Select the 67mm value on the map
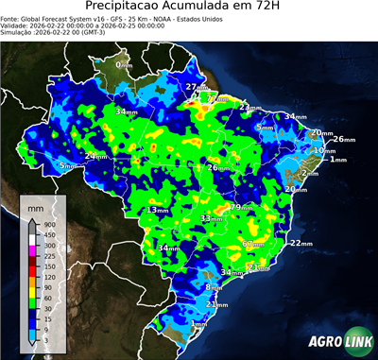coord(251,244)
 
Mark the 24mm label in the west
coord(95,156)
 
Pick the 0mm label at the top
coord(124,65)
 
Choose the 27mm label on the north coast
coord(196,88)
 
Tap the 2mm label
coord(310,175)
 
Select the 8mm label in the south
coord(213,287)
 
